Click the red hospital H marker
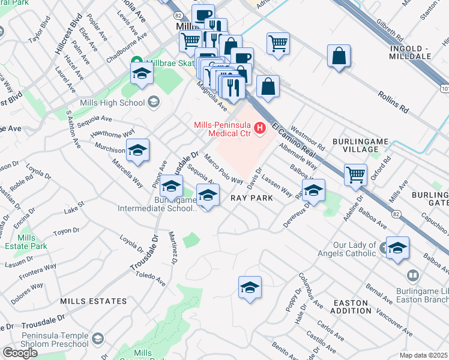click(260, 127)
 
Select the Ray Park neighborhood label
click(253, 197)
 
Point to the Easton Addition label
click(352, 306)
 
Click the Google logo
click(20, 352)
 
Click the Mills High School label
click(115, 103)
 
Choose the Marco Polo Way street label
click(223, 170)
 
